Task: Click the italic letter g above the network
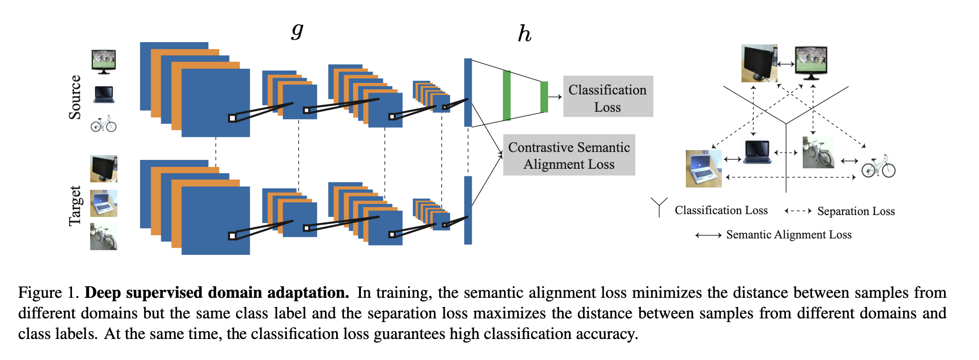(297, 31)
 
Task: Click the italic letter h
(525, 34)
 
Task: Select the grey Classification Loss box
(608, 97)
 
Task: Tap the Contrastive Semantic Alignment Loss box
(569, 155)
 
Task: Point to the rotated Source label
(75, 97)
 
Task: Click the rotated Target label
(75, 206)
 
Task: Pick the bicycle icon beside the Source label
(103, 124)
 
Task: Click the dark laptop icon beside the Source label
(103, 94)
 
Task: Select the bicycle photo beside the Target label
(103, 237)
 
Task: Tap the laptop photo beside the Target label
(103, 203)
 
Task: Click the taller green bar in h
(506, 96)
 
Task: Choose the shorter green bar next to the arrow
(544, 97)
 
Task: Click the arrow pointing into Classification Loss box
(555, 97)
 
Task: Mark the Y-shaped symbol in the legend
(659, 207)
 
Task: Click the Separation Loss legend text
(856, 211)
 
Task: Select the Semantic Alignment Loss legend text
(789, 235)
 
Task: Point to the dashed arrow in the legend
(798, 211)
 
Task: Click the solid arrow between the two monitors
(786, 64)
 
